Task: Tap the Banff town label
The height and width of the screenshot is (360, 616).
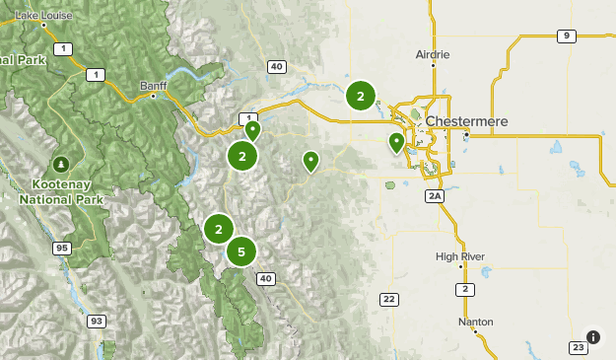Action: [x=154, y=84]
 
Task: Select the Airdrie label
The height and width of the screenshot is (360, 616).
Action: [x=433, y=53]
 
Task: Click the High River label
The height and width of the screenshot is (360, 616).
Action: [x=460, y=256]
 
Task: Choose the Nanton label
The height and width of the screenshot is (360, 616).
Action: [x=474, y=323]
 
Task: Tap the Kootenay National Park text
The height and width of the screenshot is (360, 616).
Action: [x=61, y=191]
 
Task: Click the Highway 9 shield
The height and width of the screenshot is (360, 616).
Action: [x=565, y=36]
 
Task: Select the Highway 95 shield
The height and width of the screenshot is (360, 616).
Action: [x=61, y=248]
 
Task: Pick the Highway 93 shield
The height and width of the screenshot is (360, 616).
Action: [x=96, y=321]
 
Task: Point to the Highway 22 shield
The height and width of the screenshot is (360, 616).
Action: [x=388, y=299]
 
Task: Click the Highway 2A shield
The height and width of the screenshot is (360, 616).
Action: [x=434, y=197]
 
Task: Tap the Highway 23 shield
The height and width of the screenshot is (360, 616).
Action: [x=578, y=346]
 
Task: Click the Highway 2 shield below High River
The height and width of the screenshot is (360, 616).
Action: [x=463, y=289]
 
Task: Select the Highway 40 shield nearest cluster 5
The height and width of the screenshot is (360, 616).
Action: [x=265, y=279]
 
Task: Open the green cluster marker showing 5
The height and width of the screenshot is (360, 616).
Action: [x=241, y=252]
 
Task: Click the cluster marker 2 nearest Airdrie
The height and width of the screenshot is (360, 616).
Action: [x=361, y=96]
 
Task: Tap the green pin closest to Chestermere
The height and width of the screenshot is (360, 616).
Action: [x=396, y=142]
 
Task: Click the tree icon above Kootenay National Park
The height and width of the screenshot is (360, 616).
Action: [x=61, y=163]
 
